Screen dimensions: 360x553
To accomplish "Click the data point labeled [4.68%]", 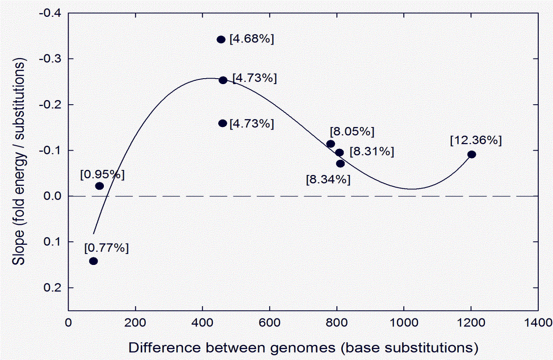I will point(221,40).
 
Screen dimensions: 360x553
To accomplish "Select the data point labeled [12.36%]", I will point(472,154).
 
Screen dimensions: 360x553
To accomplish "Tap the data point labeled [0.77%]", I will point(93,261).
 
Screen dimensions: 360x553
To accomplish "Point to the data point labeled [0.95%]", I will point(100,186).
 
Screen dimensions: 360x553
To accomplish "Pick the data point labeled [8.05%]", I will point(331,144).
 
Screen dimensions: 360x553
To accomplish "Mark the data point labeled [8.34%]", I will point(340,164).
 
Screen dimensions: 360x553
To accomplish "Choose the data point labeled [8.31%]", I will point(339,152).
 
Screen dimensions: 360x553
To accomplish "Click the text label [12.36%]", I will point(476,140).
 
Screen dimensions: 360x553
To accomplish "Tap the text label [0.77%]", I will point(106,248).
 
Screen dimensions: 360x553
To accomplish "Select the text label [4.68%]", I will point(251,39).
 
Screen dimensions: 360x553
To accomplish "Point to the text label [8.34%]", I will point(328,180).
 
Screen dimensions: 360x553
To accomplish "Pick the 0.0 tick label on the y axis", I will point(52,196).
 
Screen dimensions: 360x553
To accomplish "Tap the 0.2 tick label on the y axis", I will point(52,288).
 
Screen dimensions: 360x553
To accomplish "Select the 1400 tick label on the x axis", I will point(538,323).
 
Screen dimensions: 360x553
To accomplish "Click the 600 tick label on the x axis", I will point(270,323).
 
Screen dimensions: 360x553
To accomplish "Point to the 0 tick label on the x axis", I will point(69,323).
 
